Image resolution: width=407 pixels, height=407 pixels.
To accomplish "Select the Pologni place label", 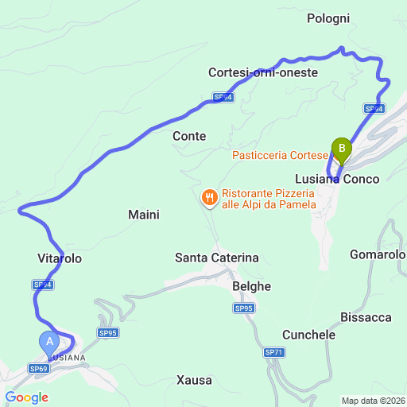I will click(x=328, y=18).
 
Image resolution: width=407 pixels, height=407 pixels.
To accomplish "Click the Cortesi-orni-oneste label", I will click(x=263, y=72).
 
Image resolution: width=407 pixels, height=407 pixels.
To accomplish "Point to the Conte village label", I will click(x=189, y=136).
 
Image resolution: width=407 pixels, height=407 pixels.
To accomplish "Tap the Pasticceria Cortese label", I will click(x=280, y=155).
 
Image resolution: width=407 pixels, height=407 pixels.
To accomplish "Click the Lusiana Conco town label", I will click(x=337, y=179).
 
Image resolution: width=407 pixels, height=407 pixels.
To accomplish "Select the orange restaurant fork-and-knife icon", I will click(x=209, y=196).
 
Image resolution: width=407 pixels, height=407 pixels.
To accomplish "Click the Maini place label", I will click(x=144, y=215).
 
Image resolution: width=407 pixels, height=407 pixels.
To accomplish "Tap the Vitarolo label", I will click(x=60, y=258).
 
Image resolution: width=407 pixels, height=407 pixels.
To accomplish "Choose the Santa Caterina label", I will click(x=217, y=258).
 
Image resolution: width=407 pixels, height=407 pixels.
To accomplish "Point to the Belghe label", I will click(x=253, y=286).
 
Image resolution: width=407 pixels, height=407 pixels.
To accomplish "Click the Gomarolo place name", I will click(x=378, y=254).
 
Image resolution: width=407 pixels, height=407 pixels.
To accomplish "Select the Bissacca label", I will click(x=366, y=317).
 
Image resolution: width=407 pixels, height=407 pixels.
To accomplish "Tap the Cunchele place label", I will click(x=308, y=335).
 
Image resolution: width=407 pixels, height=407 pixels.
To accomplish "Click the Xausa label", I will click(x=195, y=380).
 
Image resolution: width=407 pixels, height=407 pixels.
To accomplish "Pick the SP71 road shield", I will click(x=274, y=352).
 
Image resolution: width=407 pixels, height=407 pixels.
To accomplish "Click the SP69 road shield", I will click(x=39, y=368).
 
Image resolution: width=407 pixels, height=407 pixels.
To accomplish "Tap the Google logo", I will click(x=27, y=397).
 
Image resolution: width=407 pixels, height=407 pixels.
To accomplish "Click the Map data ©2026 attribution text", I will click(x=373, y=401).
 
